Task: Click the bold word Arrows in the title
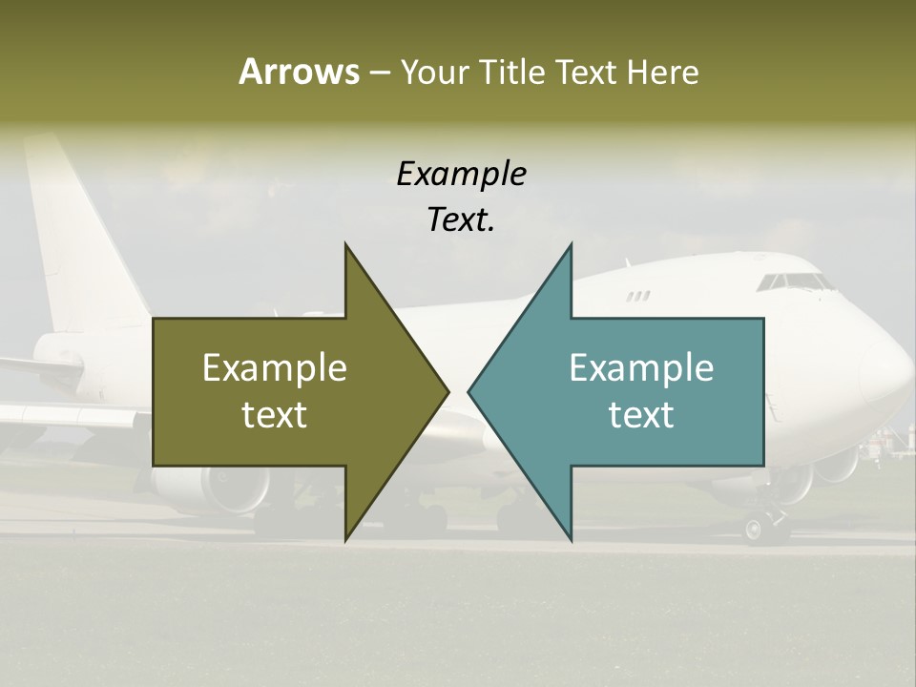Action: [x=299, y=72]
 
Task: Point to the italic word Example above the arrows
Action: [x=461, y=174]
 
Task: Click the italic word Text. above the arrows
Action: [x=461, y=219]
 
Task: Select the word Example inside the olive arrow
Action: [x=275, y=368]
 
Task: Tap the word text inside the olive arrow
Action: [x=275, y=414]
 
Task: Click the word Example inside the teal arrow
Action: [x=641, y=368]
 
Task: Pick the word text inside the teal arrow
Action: [x=641, y=414]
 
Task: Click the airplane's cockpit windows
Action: [x=795, y=281]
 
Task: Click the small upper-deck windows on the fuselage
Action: [x=638, y=296]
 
